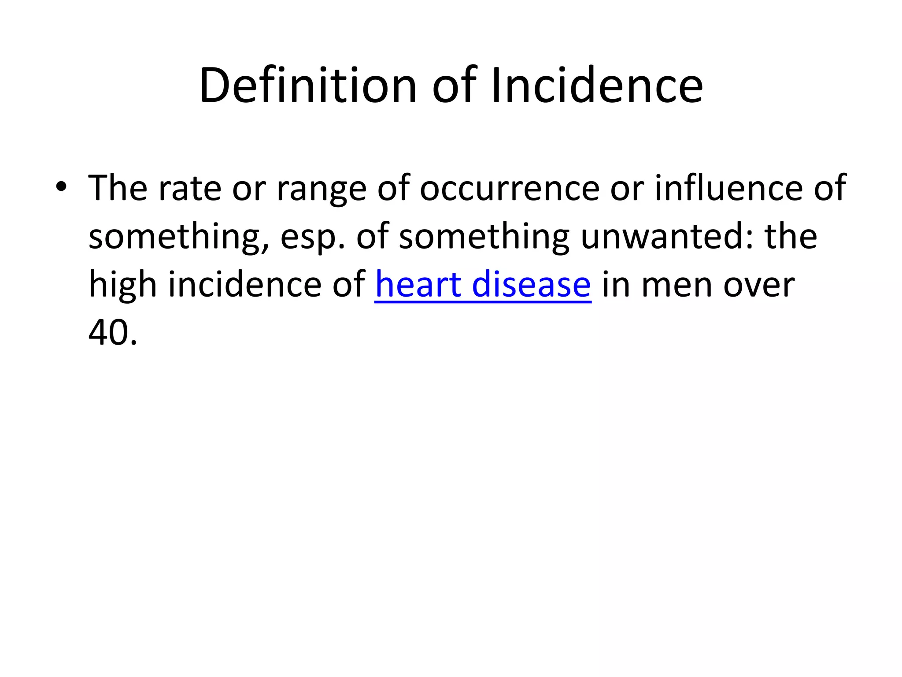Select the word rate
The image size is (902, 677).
pyautogui.click(x=190, y=188)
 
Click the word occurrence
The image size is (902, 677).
pyautogui.click(x=510, y=188)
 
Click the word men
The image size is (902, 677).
pyautogui.click(x=676, y=285)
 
